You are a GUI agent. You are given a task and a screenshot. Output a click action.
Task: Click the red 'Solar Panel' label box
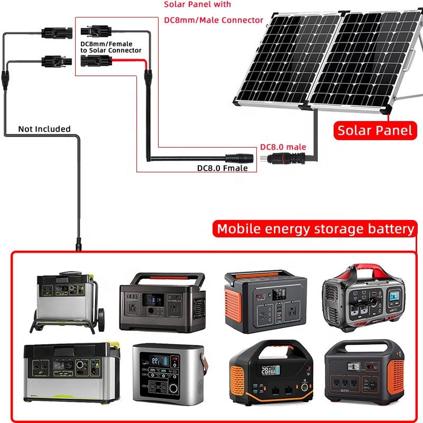(375, 131)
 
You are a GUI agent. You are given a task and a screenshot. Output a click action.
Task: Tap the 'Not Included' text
(44, 129)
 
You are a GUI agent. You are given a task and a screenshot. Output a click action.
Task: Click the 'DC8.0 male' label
(283, 147)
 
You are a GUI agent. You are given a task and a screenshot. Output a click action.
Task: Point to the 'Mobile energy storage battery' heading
(316, 229)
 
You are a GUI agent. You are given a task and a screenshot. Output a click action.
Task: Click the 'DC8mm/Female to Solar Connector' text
(111, 47)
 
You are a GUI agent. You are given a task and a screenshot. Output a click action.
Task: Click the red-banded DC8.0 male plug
(286, 158)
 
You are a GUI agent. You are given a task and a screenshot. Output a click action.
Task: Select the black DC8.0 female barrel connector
(241, 157)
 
